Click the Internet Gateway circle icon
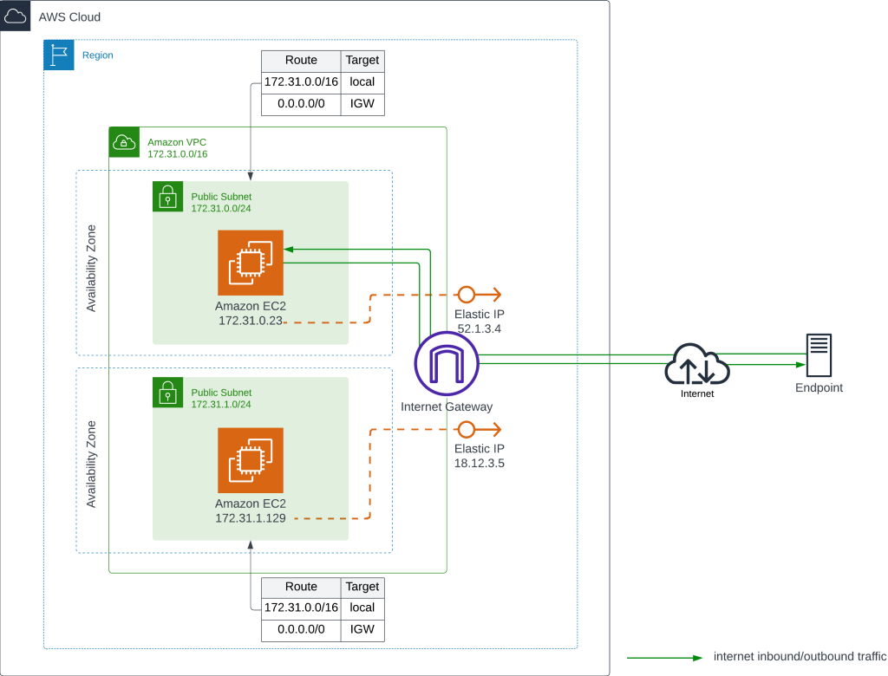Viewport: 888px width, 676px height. click(447, 364)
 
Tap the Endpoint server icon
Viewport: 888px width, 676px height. click(818, 356)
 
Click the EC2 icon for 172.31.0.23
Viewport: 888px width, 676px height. click(251, 263)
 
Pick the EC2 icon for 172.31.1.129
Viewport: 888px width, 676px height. click(251, 459)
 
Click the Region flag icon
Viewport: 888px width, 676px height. click(59, 55)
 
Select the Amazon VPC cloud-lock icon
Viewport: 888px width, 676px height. click(125, 142)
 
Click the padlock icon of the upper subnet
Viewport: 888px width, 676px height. click(167, 197)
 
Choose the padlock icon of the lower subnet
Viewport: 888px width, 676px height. click(167, 393)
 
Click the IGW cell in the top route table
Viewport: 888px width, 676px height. click(362, 104)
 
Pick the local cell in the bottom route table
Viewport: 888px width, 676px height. click(362, 608)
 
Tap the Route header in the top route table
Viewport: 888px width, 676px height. click(301, 61)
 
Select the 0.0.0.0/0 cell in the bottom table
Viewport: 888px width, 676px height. click(301, 630)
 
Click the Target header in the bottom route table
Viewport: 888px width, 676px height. click(362, 587)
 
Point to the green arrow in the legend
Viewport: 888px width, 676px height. click(665, 657)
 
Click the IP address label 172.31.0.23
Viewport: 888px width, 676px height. click(251, 321)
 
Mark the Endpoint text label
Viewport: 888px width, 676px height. click(819, 388)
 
